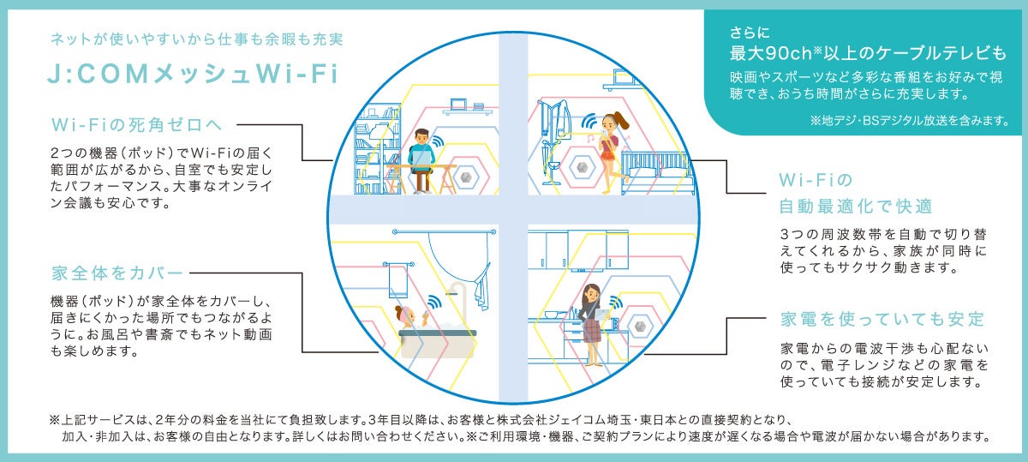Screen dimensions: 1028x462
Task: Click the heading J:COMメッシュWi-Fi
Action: pyautogui.click(x=194, y=75)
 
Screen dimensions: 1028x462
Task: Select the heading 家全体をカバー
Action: pyautogui.click(x=118, y=274)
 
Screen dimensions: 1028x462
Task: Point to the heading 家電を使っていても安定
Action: pyautogui.click(x=882, y=319)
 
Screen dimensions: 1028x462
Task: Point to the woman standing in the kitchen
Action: pyautogui.click(x=591, y=317)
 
